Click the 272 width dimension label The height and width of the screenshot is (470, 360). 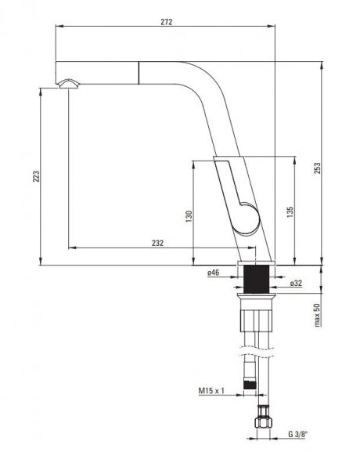(167, 22)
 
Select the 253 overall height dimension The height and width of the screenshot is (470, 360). (317, 168)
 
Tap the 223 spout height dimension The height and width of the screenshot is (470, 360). (36, 176)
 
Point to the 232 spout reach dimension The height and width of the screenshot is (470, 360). (157, 243)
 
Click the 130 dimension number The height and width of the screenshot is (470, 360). (189, 216)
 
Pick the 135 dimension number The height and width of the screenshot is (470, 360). (290, 212)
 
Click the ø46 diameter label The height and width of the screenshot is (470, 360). (214, 273)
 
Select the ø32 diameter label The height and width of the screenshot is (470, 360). (296, 283)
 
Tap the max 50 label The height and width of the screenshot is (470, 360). (317, 315)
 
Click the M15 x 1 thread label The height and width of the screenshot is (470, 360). (211, 391)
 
